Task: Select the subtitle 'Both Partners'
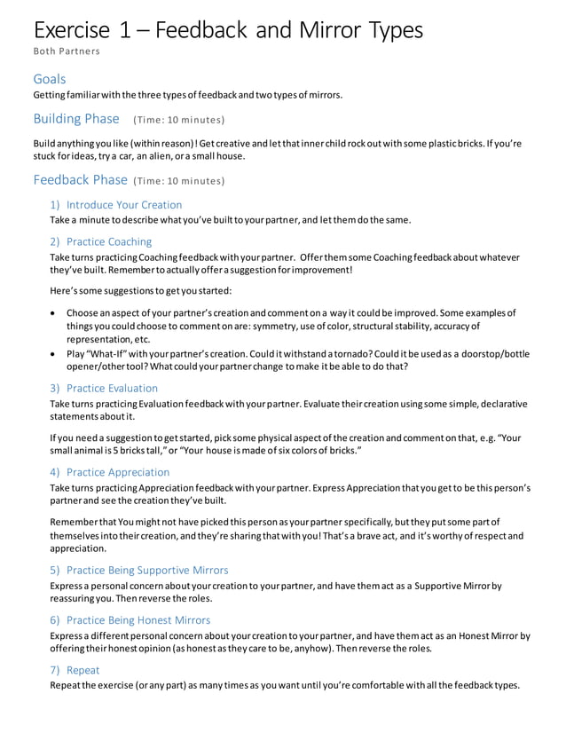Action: (x=67, y=51)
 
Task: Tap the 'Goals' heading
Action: (x=50, y=79)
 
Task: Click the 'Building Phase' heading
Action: (x=76, y=119)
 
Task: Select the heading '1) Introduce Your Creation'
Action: (x=115, y=204)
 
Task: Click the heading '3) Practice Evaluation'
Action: (x=104, y=388)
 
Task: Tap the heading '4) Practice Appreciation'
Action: (x=109, y=472)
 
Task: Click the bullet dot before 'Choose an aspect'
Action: (x=54, y=313)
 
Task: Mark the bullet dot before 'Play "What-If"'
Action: (x=54, y=354)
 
